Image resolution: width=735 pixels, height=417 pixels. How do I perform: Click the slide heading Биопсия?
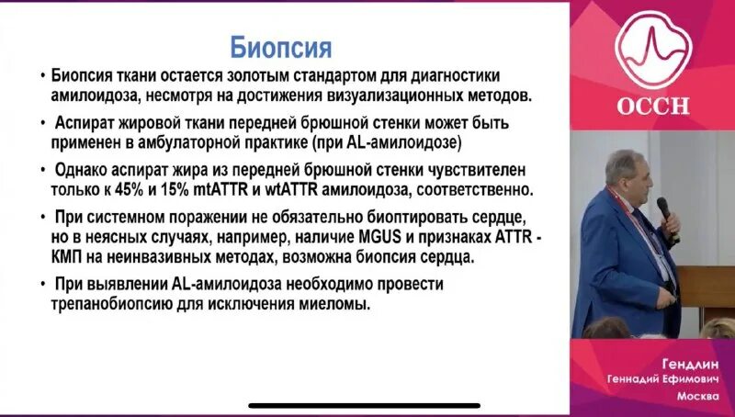[279, 46]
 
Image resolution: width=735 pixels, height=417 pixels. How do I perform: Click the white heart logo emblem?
[651, 51]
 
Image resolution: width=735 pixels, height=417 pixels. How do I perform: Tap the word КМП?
[71, 258]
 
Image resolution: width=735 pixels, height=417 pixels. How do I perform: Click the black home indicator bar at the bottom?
[365, 405]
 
